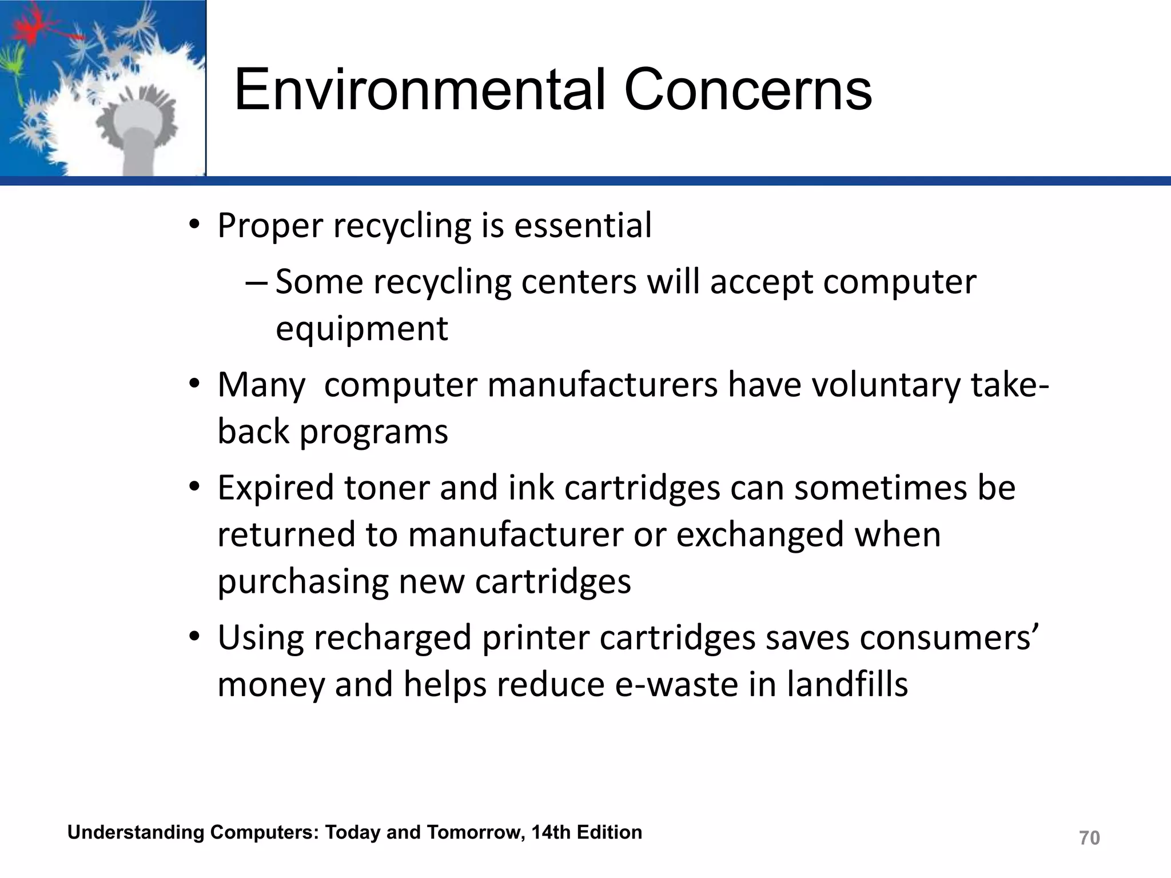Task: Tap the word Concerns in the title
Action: point(748,90)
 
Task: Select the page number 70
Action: point(1089,838)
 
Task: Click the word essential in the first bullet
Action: point(583,225)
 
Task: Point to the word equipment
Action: point(361,329)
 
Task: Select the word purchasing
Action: point(302,582)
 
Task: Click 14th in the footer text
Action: point(551,832)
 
